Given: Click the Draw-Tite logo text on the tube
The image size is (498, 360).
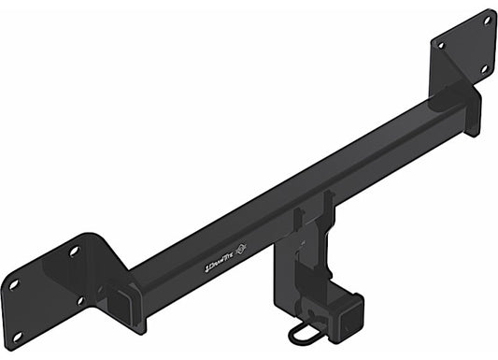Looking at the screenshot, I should pyautogui.click(x=221, y=266).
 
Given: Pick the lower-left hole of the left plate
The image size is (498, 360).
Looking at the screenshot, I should pyautogui.click(x=14, y=283).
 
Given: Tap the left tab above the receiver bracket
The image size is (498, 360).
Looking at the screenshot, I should pyautogui.click(x=298, y=221).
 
